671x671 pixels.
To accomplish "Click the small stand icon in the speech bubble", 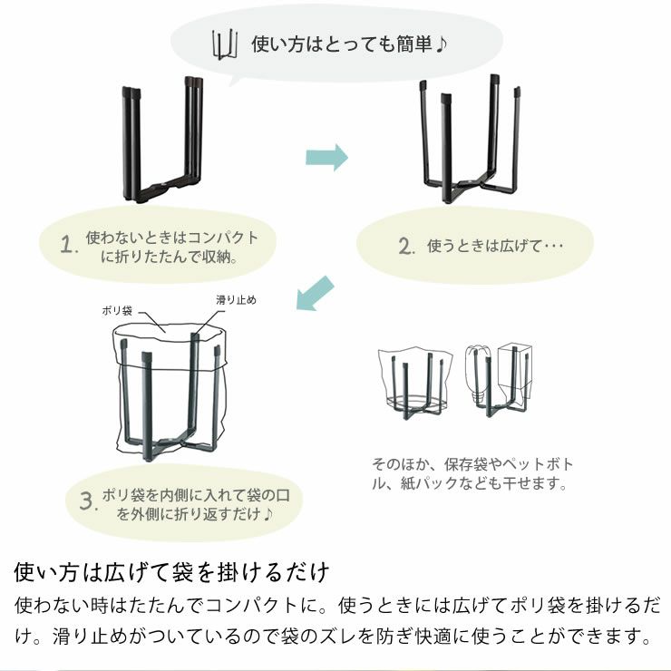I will pos(223,44).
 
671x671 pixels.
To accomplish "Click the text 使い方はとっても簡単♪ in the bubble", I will pos(349,44).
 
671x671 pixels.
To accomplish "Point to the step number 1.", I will pos(65,246).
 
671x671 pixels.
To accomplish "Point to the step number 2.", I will pos(406,246).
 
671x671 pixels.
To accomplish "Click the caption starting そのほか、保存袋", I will pos(472,473).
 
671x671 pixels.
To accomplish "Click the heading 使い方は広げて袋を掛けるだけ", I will pos(171,573).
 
